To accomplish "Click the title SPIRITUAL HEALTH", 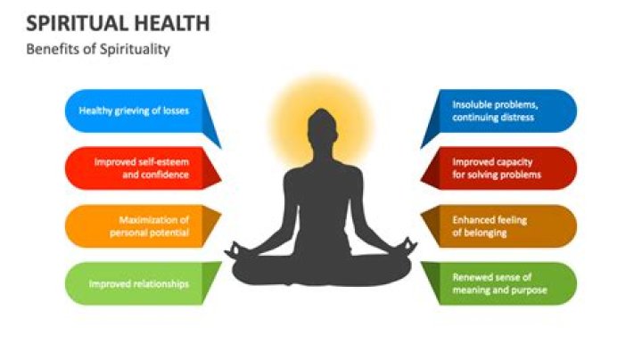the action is [x=118, y=23].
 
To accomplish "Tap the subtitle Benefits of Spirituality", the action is [x=98, y=50].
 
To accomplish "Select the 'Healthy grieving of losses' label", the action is [x=134, y=110].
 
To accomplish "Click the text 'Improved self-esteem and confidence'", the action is [x=142, y=168].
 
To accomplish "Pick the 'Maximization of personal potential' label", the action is [x=149, y=226].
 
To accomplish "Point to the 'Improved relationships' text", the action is [x=139, y=284].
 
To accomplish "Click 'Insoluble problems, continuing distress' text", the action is [x=495, y=110].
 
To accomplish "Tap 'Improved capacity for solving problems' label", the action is [x=497, y=168].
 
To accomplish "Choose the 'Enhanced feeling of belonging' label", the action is [x=490, y=226].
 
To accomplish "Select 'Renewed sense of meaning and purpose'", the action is [x=499, y=283].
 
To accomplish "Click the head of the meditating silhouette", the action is [x=322, y=127].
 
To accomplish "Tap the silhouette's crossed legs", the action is [x=321, y=269].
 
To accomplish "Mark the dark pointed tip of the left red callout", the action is [x=221, y=179].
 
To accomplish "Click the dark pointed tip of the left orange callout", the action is [x=221, y=213].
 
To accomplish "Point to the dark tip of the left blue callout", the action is [x=221, y=148].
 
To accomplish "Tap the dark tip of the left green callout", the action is [x=221, y=263].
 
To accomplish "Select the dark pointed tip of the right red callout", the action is [x=421, y=179].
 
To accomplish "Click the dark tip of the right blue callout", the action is [x=421, y=148].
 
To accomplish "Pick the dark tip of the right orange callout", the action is [x=421, y=213].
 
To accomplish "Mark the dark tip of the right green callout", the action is [x=421, y=263].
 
